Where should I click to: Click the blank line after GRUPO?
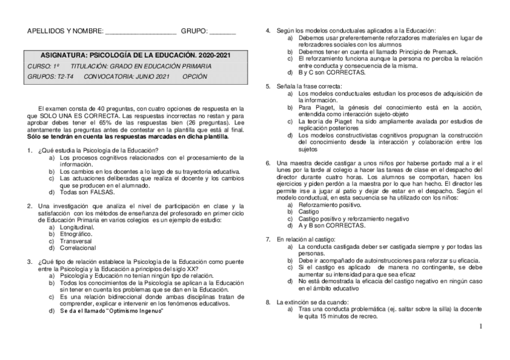point(223,32)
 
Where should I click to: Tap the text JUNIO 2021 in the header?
point(153,77)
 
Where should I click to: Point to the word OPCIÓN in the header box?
point(194,77)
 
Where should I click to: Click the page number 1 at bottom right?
point(481,327)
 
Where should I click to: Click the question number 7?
point(268,239)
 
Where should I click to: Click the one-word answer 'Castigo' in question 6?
point(309,212)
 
